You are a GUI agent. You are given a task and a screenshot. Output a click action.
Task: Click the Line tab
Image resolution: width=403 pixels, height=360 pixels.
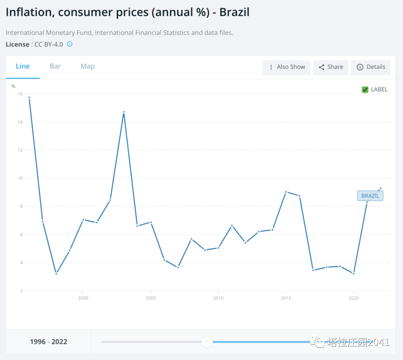(x=23, y=66)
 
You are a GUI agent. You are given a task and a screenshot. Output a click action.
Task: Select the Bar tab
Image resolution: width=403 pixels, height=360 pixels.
(x=55, y=66)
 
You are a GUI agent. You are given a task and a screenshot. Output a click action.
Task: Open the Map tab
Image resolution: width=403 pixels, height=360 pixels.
(x=88, y=66)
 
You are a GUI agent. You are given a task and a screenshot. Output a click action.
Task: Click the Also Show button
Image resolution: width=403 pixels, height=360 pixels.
(x=287, y=67)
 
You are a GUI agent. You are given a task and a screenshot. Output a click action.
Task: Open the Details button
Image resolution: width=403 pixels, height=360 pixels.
(x=371, y=67)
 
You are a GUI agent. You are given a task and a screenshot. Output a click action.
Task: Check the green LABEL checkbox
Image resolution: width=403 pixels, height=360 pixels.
(x=365, y=90)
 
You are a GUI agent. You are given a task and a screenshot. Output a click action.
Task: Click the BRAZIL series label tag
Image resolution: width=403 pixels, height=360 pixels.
(x=370, y=196)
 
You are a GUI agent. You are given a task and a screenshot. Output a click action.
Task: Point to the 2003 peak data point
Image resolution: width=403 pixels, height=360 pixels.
(x=124, y=112)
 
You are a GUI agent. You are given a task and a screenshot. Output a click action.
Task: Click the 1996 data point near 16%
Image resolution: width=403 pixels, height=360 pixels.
(x=29, y=98)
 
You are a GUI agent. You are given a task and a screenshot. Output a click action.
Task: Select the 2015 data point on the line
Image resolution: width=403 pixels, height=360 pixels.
(x=286, y=192)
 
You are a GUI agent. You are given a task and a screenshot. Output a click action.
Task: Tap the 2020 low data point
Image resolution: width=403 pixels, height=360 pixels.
(x=353, y=273)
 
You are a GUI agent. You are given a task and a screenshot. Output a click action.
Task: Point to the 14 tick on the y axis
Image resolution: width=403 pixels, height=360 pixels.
(x=20, y=122)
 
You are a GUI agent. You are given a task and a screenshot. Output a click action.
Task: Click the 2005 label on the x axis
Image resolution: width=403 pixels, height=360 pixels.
(x=151, y=298)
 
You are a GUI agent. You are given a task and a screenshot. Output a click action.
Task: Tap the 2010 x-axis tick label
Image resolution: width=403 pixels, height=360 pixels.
(x=218, y=298)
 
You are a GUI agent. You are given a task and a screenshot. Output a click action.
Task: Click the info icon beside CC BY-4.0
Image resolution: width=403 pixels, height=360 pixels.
(x=69, y=44)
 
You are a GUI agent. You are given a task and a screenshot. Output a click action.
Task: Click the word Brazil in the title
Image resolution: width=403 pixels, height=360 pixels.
(x=234, y=12)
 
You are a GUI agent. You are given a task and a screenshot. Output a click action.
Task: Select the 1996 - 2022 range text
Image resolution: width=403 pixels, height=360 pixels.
(x=49, y=342)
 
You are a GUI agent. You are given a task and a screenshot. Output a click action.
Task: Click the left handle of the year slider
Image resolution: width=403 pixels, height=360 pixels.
(x=207, y=342)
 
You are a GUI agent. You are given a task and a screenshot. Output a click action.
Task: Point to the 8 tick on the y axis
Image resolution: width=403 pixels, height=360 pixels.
(x=21, y=206)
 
